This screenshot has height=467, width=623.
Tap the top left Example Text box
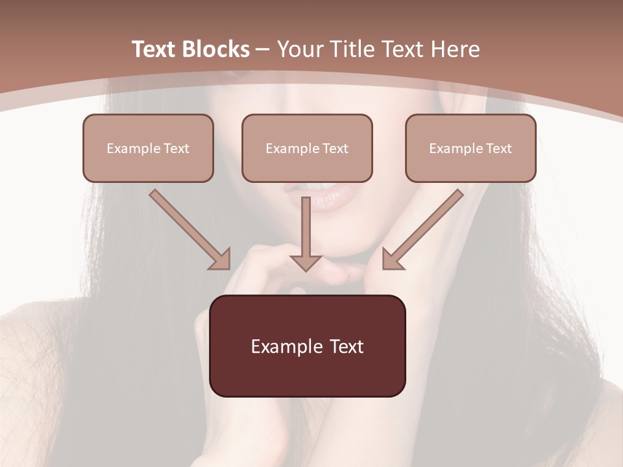point(148,148)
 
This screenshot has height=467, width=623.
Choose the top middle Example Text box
point(307,148)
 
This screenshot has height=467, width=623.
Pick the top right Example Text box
point(470,148)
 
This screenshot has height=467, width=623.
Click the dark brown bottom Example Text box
point(308,346)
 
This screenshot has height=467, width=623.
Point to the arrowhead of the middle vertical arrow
point(306,263)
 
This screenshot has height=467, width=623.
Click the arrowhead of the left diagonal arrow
point(221,259)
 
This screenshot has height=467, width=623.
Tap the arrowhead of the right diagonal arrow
point(391,259)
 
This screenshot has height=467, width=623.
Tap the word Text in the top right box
point(499,149)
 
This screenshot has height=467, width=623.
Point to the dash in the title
point(263,50)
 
